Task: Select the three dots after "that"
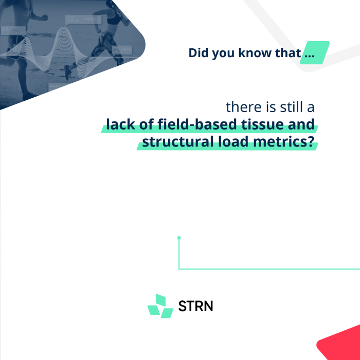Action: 310,56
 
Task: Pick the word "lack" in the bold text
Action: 120,124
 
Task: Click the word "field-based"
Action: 197,124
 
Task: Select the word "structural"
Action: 178,141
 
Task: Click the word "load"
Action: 233,141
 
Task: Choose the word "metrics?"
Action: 283,141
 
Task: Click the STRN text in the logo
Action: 195,306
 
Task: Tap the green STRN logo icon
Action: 160,306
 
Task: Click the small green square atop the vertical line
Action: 179,238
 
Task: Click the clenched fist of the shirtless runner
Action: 44,17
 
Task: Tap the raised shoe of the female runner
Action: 67,73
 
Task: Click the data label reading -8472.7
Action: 90,20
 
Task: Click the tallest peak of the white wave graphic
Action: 63,28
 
